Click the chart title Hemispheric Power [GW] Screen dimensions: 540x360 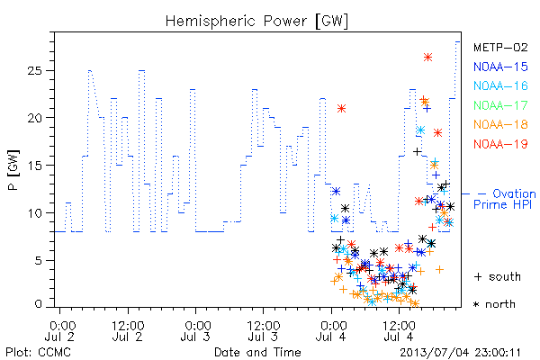point(256,22)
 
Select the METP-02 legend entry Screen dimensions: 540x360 point(500,47)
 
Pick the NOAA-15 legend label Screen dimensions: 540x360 point(500,67)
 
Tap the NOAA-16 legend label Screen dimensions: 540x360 point(500,85)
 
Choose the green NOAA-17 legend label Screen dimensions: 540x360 point(500,105)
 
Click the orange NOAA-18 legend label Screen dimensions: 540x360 point(500,124)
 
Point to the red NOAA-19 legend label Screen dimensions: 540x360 point(500,144)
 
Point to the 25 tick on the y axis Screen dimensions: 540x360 point(34,70)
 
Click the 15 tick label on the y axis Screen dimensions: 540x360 point(34,166)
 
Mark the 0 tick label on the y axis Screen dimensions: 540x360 point(38,304)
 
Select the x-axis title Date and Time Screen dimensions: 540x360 point(257,352)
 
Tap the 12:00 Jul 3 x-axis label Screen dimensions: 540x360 point(263,331)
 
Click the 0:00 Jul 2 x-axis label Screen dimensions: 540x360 point(60,331)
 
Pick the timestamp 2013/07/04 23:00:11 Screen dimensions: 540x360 point(460,353)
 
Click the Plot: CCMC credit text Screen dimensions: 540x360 point(38,353)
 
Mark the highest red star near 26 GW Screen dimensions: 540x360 point(427,58)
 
